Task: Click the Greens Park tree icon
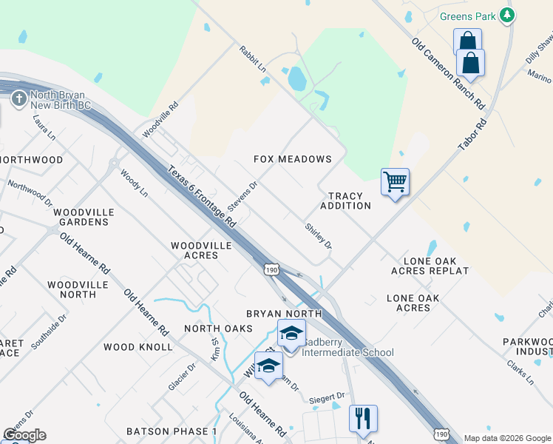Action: point(506,15)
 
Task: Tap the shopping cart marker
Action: point(395,181)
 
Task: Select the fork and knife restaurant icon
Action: point(363,417)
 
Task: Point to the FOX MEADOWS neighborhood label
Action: point(293,159)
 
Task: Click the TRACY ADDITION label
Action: point(346,201)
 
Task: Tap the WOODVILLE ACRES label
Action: point(201,250)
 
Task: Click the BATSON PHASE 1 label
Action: point(172,431)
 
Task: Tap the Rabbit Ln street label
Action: point(252,59)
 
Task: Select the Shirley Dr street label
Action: point(319,235)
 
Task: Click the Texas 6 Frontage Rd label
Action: point(201,196)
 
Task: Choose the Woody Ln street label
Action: point(135,183)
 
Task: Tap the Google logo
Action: point(24,435)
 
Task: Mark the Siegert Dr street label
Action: point(327,397)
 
